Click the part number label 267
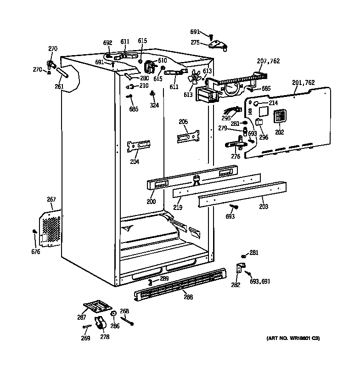tap(51, 199)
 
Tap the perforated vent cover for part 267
tap(51, 228)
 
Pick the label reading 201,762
tap(303, 83)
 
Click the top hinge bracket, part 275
tap(217, 44)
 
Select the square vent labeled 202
tap(279, 117)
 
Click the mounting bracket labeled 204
tap(139, 146)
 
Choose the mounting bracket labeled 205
tap(188, 136)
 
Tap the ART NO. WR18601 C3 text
tap(293, 339)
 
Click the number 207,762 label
tap(268, 61)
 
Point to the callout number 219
tap(178, 208)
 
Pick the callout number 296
tap(264, 137)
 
